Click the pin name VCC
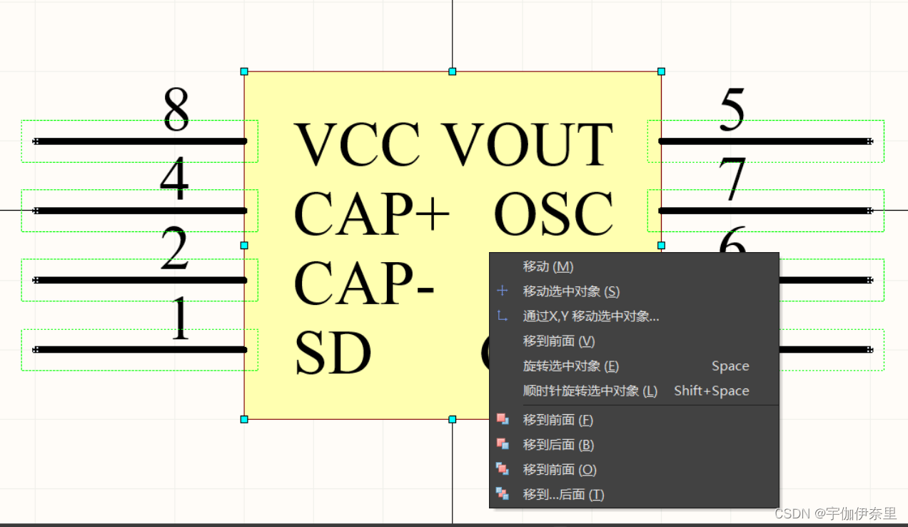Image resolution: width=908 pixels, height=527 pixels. coord(357,144)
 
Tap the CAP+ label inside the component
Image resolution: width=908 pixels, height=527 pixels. coord(371,214)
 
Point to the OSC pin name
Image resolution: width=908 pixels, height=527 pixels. coord(553,214)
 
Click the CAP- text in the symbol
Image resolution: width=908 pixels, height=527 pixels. coord(364,283)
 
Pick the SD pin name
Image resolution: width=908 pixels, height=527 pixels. coord(333,353)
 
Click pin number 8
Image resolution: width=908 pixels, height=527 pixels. coord(176,111)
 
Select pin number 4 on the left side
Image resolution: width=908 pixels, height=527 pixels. coord(174,179)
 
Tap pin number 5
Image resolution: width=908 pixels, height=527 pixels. coord(732,111)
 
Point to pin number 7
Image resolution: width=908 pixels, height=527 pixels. coord(732,179)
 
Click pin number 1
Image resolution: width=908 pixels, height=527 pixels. coord(179,319)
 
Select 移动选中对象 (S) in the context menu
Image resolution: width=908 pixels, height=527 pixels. coord(570,291)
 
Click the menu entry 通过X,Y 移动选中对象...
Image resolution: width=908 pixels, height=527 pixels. coord(590,316)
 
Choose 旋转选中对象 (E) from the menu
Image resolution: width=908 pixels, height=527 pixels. coord(570,366)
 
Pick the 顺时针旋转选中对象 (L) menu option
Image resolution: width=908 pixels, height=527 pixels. coord(590,391)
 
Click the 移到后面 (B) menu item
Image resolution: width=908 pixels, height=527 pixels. coord(558,445)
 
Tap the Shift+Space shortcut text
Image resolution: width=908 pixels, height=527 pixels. coord(711,391)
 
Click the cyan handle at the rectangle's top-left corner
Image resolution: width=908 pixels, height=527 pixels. coord(244,71)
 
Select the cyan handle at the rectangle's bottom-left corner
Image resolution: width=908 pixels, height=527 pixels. coord(244,419)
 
